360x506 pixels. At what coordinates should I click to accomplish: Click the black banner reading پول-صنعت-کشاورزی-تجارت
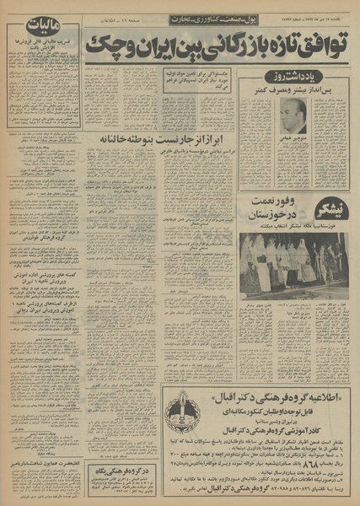[x=198, y=19]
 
